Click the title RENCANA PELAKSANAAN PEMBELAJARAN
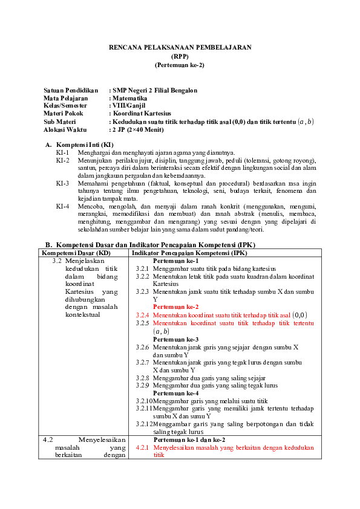(x=180, y=47)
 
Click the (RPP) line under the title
(x=180, y=56)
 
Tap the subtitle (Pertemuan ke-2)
(x=180, y=64)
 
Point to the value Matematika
(x=130, y=97)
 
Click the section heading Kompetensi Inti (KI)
(x=85, y=145)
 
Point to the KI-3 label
(x=62, y=183)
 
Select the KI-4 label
(x=62, y=206)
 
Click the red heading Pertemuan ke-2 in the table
(x=175, y=306)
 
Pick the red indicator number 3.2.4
(x=142, y=315)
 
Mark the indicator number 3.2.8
(x=142, y=377)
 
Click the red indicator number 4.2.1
(x=142, y=448)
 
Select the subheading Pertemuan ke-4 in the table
(x=175, y=393)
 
